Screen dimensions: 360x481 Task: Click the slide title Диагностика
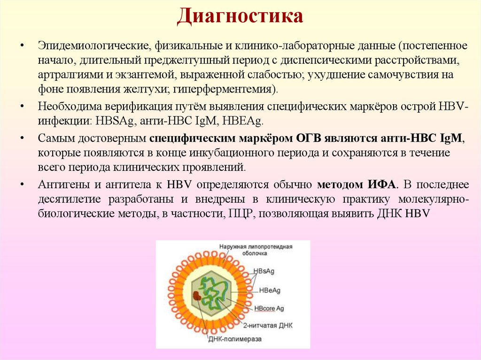click(240, 17)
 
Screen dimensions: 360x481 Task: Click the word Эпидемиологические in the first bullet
click(93, 47)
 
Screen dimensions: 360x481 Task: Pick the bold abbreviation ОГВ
click(308, 138)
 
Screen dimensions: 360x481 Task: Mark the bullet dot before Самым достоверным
click(22, 138)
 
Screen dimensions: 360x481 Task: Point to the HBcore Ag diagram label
click(269, 308)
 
